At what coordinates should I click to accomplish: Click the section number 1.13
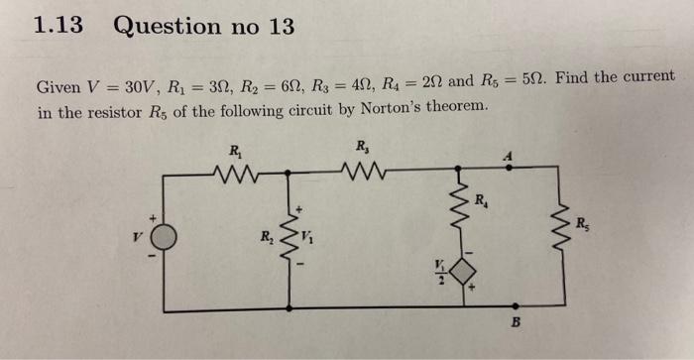pyautogui.click(x=57, y=27)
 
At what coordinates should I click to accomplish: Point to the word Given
pyautogui.click(x=58, y=86)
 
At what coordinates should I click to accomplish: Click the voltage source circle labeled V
pyautogui.click(x=163, y=237)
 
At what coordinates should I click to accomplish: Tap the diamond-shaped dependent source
pyautogui.click(x=461, y=271)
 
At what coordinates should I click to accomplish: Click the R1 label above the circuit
pyautogui.click(x=235, y=151)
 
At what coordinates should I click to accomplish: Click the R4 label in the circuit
pyautogui.click(x=481, y=202)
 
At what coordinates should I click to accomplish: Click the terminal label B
pyautogui.click(x=515, y=324)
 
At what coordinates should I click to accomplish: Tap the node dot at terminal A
pyautogui.click(x=510, y=172)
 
